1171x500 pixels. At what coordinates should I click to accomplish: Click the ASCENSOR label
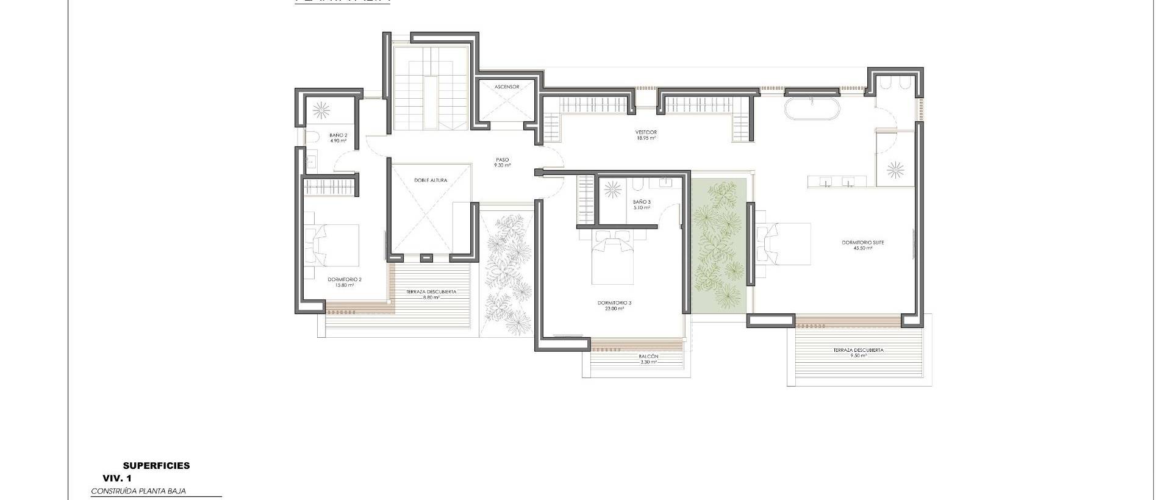507,87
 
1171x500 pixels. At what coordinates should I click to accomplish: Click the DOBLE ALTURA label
431,180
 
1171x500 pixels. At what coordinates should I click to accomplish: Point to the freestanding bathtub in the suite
812,109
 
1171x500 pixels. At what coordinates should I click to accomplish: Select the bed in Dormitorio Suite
787,244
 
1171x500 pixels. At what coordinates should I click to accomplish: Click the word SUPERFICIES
156,466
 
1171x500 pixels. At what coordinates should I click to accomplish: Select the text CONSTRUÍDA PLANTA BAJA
138,491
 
